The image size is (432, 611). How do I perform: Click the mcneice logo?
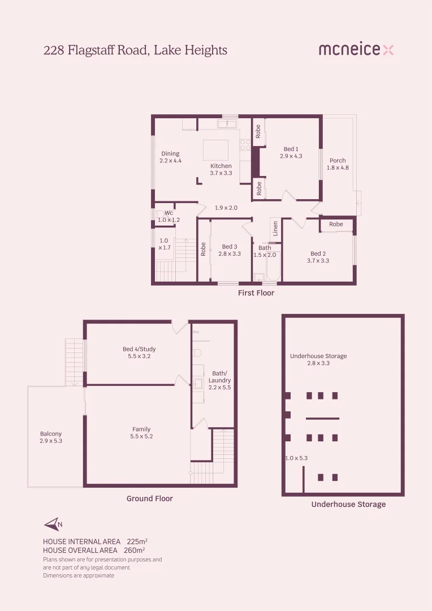click(356, 50)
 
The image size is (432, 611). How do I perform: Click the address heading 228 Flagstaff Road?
click(135, 50)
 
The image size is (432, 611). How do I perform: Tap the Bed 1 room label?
click(291, 153)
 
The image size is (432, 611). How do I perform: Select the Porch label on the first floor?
click(338, 164)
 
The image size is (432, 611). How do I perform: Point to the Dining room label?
click(170, 157)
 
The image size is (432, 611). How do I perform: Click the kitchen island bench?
click(216, 150)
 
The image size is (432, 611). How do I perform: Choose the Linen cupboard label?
click(275, 228)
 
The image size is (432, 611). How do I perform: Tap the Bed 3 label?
click(230, 250)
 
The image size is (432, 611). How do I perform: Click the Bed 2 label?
click(318, 257)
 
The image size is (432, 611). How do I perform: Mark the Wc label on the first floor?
click(169, 216)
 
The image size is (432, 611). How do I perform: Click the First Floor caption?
click(256, 293)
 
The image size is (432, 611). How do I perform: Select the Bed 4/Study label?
click(139, 352)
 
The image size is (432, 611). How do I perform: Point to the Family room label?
click(141, 433)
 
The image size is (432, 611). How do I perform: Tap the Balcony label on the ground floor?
click(51, 437)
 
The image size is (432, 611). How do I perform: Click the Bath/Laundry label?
click(219, 377)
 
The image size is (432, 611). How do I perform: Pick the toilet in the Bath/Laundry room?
click(197, 352)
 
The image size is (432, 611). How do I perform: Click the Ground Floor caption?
click(149, 498)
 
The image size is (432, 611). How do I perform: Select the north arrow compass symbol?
click(53, 524)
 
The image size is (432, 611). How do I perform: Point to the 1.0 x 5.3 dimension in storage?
click(296, 458)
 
